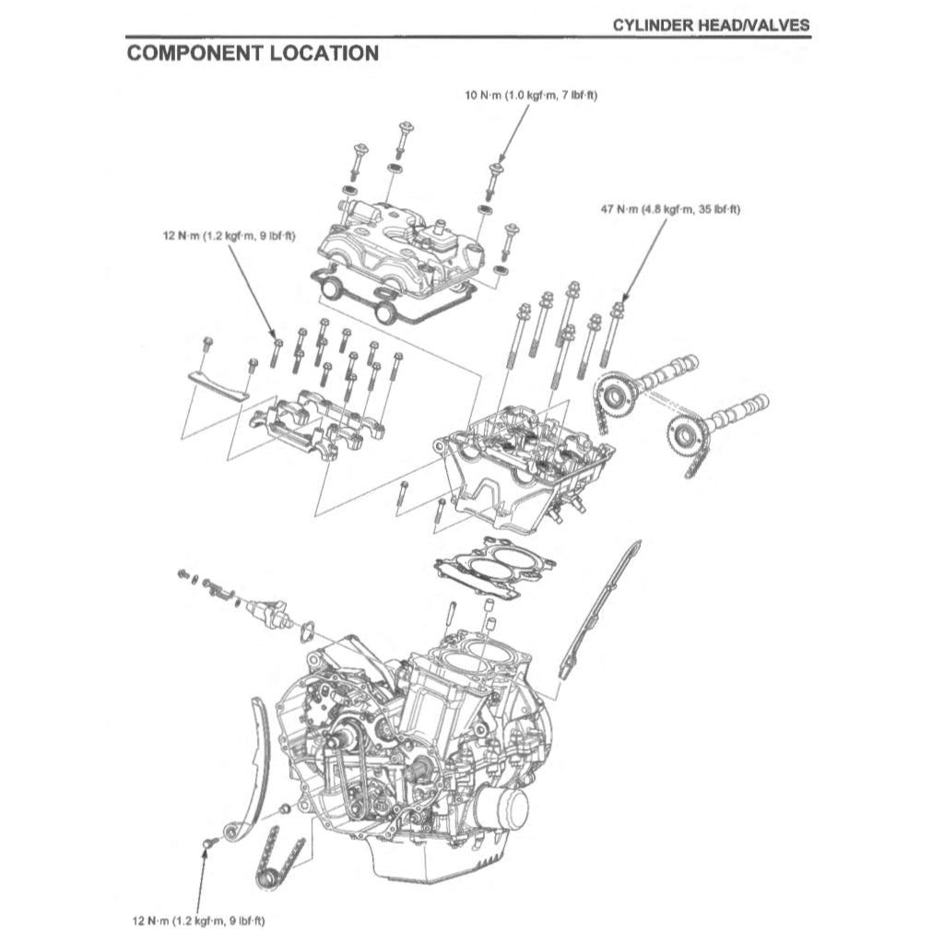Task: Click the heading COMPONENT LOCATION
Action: pyautogui.click(x=253, y=53)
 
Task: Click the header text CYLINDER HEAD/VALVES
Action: pyautogui.click(x=712, y=25)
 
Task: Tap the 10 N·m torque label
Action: pyautogui.click(x=531, y=96)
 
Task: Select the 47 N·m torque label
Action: pyautogui.click(x=670, y=210)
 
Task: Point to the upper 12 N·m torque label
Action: pyautogui.click(x=229, y=236)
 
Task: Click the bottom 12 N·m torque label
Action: pyautogui.click(x=199, y=920)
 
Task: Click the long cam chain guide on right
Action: pyautogui.click(x=599, y=608)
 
